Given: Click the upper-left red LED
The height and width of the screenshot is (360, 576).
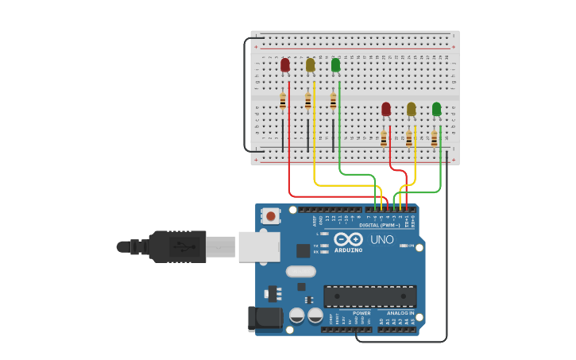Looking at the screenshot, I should coord(285,65).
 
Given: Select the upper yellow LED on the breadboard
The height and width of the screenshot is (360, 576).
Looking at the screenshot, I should coord(310,65).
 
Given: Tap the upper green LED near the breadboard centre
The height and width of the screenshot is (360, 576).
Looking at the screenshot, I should coord(335,65).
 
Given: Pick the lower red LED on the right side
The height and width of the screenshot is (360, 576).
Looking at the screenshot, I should coord(386,109).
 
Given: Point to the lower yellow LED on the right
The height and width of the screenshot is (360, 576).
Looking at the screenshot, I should coord(411,109).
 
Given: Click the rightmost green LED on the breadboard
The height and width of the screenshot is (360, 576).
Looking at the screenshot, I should coord(436,109).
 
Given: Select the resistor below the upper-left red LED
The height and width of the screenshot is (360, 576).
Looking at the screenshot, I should coord(283,101).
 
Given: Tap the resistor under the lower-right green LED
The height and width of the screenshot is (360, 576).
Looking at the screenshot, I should coord(434,139).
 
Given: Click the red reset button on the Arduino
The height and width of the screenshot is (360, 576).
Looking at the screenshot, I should coord(271,215).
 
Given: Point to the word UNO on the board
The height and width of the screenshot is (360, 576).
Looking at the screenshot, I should coord(382,239).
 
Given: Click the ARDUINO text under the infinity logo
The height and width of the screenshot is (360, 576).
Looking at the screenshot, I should coord(349,250).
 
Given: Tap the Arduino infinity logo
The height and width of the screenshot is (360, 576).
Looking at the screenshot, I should coord(349,239).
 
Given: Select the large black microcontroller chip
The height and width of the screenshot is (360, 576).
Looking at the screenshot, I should coord(369,296).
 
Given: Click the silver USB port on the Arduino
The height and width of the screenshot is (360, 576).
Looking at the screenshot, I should coord(259,246).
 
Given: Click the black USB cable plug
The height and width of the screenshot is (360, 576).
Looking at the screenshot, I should coord(179,246).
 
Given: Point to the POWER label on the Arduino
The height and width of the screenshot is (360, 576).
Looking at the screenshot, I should coord(361,313).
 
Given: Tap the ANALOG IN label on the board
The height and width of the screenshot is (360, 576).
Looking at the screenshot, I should coord(400,313).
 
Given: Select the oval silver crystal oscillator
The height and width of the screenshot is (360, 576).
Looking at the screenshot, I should coord(301,271).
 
